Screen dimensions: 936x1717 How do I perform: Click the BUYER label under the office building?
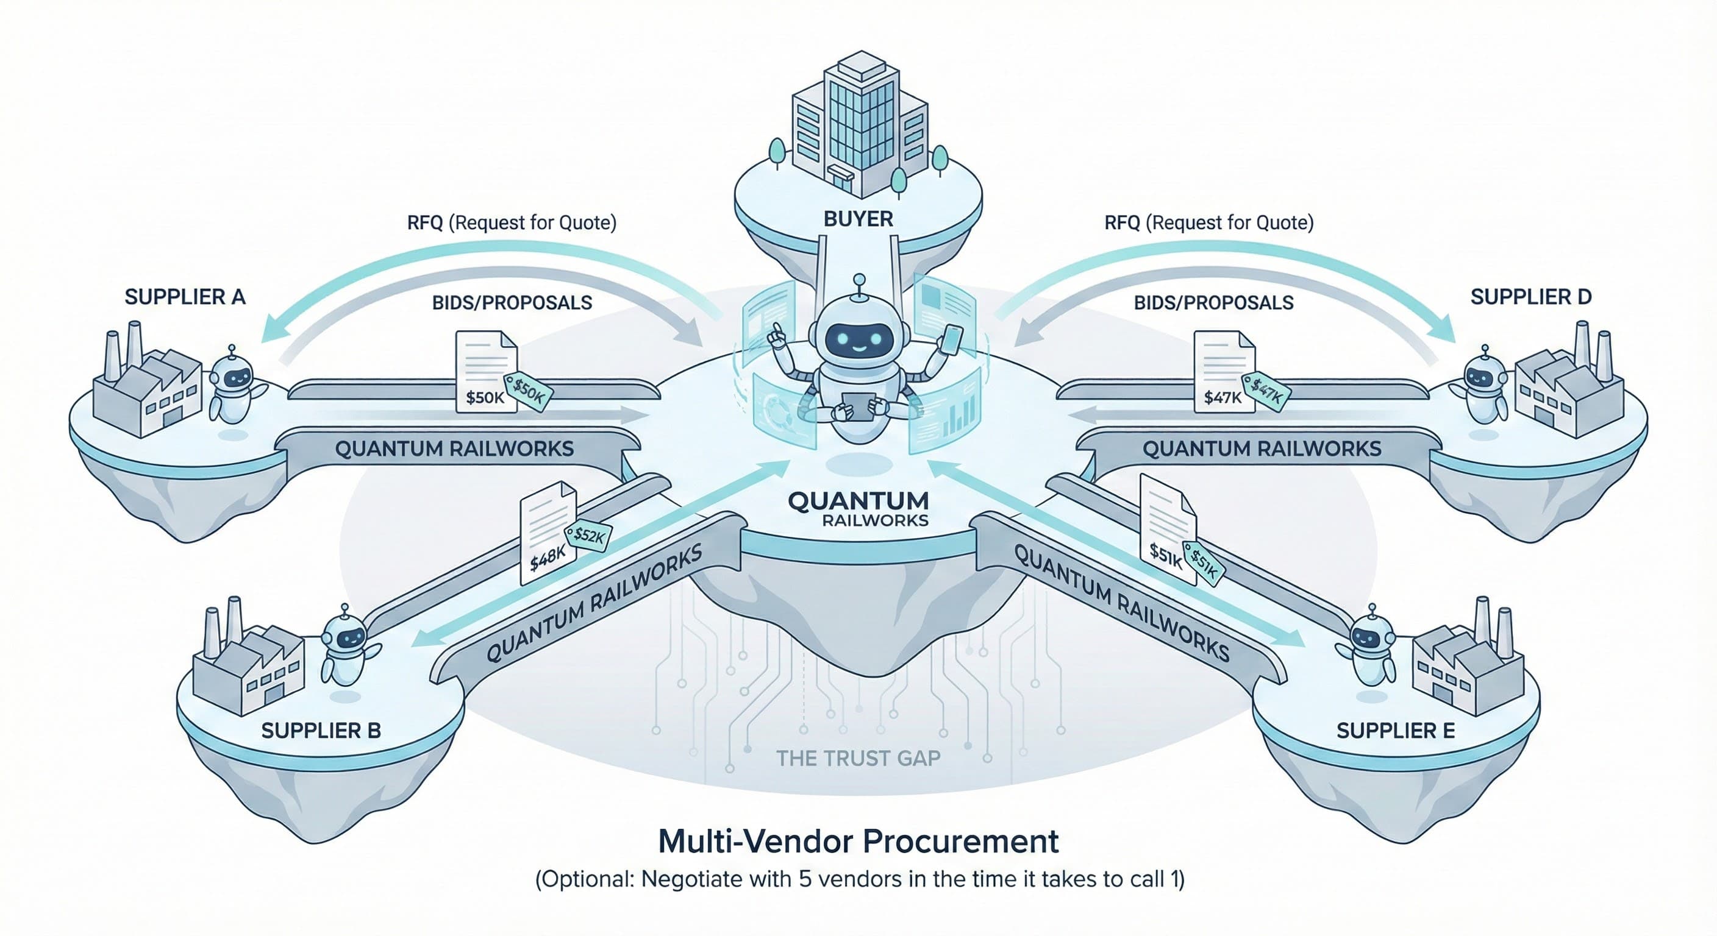click(858, 219)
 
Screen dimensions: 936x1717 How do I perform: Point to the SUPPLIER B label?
click(321, 731)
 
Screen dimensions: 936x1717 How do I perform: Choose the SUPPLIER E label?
click(1395, 731)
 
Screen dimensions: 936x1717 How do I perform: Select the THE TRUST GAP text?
click(858, 758)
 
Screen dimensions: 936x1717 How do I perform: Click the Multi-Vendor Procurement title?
click(858, 842)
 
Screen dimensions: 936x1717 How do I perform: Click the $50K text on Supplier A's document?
click(485, 398)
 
